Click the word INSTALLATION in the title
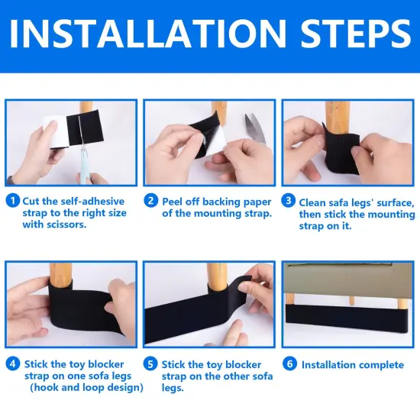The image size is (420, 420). [143, 34]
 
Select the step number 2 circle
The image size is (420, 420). [151, 202]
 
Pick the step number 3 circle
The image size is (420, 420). [288, 202]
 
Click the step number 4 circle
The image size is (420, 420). [11, 364]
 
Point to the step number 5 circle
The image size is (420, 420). [151, 364]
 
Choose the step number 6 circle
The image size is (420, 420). [289, 364]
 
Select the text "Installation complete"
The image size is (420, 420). [352, 364]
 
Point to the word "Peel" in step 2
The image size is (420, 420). [174, 202]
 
